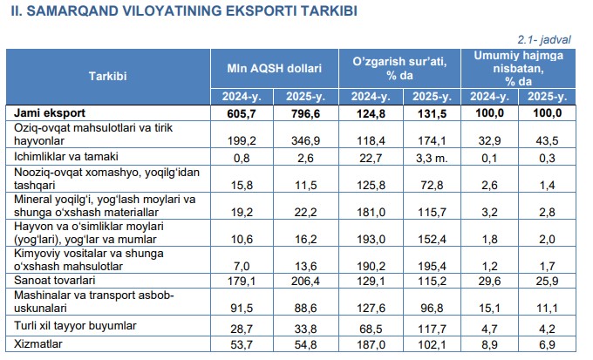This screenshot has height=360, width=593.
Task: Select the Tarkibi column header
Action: pos(108,76)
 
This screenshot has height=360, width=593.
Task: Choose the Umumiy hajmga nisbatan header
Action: pos(524,67)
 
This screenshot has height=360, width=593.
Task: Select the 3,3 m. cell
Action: pos(430,157)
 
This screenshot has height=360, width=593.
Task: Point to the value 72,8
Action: pos(430,182)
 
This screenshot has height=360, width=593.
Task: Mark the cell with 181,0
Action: pos(369,210)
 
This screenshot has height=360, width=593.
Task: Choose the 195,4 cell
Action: pos(430,263)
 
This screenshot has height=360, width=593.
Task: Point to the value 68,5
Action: pos(369,329)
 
